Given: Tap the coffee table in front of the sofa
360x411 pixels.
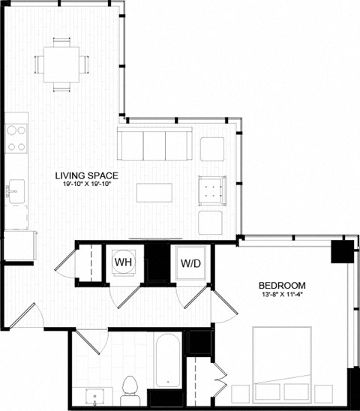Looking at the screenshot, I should tap(154, 193).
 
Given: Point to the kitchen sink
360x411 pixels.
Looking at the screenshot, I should tap(15, 190).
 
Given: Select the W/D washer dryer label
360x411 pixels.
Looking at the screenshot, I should tap(188, 263).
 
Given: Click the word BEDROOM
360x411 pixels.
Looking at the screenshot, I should tap(282, 285).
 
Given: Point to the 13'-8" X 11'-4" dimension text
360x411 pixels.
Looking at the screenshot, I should tap(282, 295).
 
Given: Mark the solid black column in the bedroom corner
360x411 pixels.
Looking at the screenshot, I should tap(342, 248).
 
